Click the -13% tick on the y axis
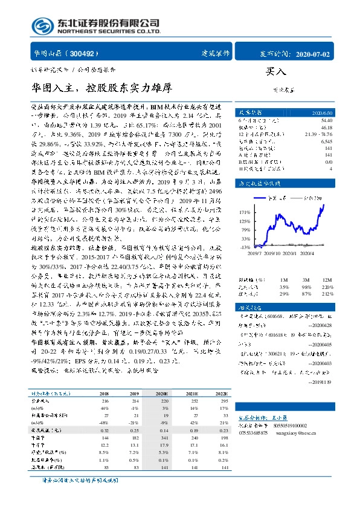point(245,248)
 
